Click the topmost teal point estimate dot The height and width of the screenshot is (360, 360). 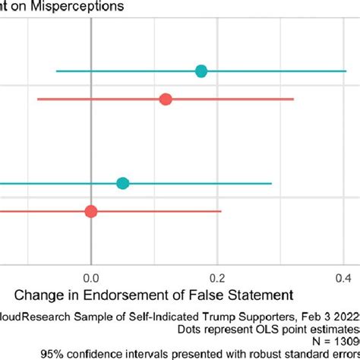tap(201, 71)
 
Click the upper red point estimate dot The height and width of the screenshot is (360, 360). tap(166, 99)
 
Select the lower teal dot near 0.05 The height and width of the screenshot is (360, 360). tap(123, 183)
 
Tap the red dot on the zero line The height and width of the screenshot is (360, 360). tap(91, 211)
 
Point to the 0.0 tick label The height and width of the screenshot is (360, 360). tap(90, 276)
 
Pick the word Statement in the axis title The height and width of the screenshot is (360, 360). tap(259, 294)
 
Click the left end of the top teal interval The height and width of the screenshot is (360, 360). tap(56, 71)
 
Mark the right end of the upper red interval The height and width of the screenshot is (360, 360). tap(294, 99)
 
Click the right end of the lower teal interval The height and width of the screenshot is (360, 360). tap(271, 183)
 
